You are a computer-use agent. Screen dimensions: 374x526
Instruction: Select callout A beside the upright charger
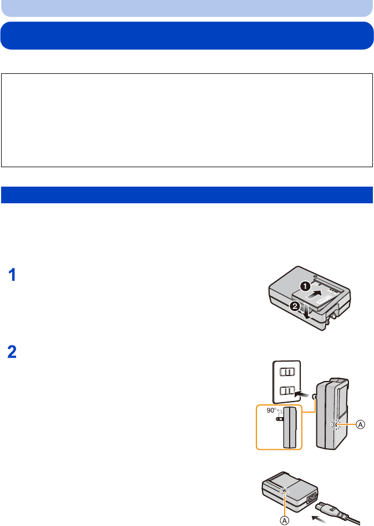(360, 424)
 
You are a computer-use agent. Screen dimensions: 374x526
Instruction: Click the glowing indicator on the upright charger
(334, 425)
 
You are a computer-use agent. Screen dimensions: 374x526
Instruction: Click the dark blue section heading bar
(186, 195)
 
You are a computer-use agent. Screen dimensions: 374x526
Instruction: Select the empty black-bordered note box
(186, 120)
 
